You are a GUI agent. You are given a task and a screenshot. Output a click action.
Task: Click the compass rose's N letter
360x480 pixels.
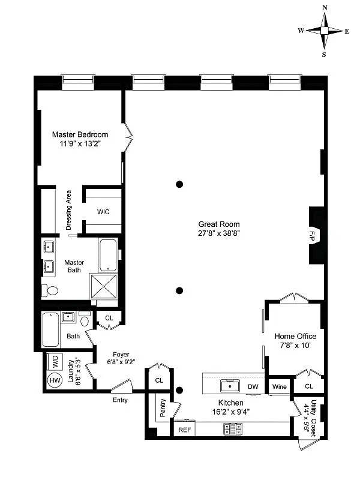(x=325, y=8)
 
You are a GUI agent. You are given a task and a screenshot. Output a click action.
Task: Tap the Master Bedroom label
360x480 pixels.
(x=80, y=134)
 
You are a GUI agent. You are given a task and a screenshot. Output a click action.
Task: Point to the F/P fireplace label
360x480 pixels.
(x=312, y=236)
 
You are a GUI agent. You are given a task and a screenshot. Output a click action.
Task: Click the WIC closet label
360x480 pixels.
(x=103, y=212)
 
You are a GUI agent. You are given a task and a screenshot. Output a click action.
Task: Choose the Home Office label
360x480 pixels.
(x=295, y=336)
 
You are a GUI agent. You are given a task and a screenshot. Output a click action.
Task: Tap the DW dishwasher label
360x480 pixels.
(x=253, y=387)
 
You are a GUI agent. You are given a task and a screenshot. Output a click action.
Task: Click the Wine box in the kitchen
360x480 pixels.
(x=279, y=387)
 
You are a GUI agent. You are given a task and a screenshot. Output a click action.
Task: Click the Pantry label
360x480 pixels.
(x=161, y=407)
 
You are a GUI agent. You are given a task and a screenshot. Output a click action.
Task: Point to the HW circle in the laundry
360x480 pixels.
(x=55, y=380)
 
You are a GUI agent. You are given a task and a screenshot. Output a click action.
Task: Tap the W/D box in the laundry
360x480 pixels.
(x=55, y=362)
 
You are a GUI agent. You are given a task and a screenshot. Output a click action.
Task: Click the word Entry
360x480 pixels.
(x=119, y=400)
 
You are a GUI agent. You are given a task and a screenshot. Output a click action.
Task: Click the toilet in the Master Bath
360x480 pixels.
(x=52, y=291)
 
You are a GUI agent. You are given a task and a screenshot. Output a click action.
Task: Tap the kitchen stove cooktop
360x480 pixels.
(x=233, y=428)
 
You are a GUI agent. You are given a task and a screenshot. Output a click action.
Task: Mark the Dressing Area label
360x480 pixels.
(x=69, y=211)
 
